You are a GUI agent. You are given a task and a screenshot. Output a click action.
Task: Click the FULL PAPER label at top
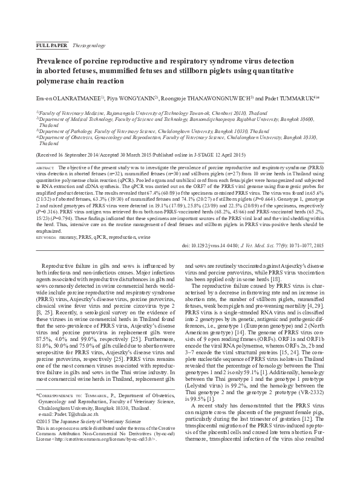point(53,45)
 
